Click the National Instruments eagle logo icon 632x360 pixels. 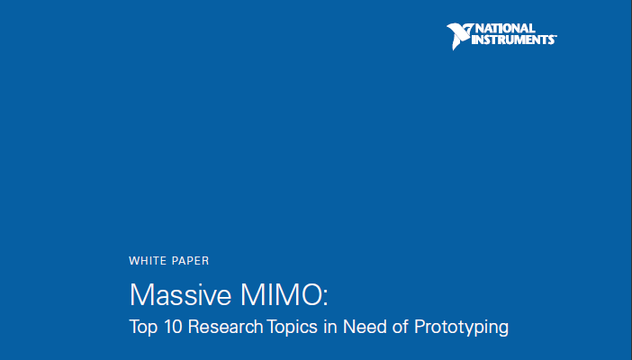[459, 35]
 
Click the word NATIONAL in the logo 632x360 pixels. [505, 29]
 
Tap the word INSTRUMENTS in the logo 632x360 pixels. [512, 40]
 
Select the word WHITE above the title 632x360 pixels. [147, 261]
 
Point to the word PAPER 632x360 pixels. [191, 261]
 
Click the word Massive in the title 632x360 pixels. [180, 294]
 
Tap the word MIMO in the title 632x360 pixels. [280, 294]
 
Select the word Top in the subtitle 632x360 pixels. [143, 327]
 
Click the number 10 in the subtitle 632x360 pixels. [174, 327]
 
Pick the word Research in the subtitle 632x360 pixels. [226, 327]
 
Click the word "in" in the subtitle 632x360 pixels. [330, 327]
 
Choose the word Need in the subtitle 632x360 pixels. [364, 327]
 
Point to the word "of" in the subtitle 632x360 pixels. [400, 327]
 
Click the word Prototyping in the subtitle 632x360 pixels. [461, 327]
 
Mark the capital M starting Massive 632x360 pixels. [140, 294]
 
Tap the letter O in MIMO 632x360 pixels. [308, 294]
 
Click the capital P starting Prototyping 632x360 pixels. [420, 327]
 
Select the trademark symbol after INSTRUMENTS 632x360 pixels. [555, 36]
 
